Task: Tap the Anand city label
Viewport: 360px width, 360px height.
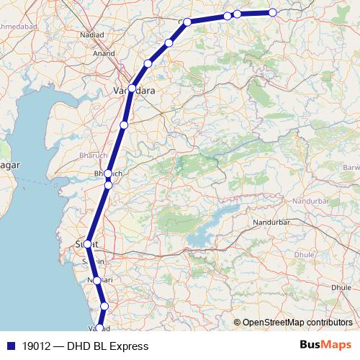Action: click(104, 53)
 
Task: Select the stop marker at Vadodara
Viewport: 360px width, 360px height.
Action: click(132, 89)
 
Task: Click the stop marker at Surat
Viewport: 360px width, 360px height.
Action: click(88, 244)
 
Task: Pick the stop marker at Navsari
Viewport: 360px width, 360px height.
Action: click(96, 280)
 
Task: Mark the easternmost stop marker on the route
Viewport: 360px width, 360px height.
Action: click(273, 12)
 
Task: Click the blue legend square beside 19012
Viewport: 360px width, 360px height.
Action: click(9, 346)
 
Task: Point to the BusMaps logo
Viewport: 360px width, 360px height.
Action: click(325, 346)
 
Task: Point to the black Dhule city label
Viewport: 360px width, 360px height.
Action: click(341, 287)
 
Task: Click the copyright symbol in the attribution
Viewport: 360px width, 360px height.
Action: click(237, 323)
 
